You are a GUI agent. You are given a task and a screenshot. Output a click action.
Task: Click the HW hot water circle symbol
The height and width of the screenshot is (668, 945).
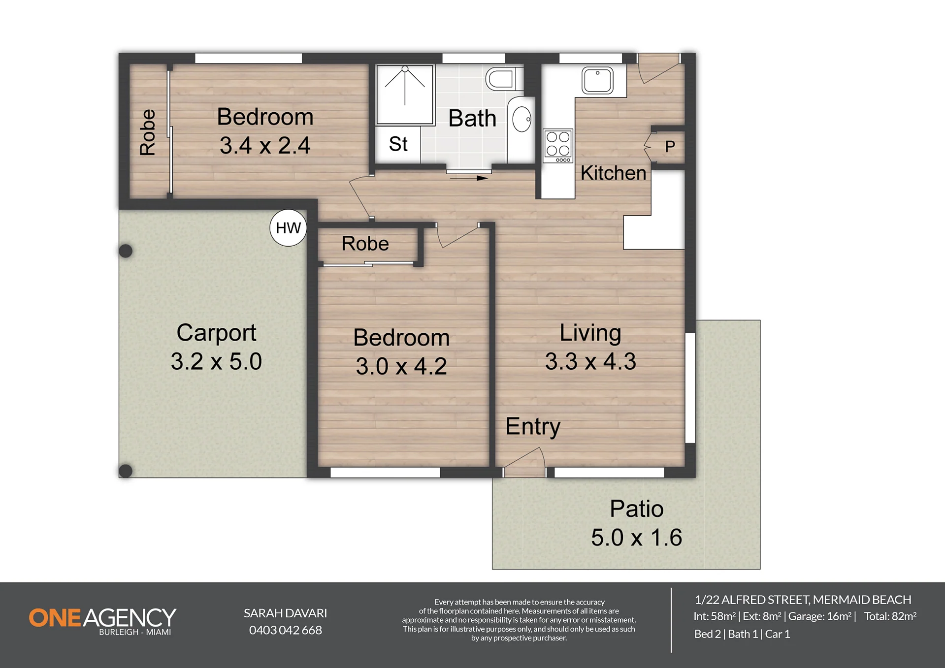coord(288,227)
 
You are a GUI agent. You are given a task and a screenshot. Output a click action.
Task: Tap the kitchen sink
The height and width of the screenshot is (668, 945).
coord(597,80)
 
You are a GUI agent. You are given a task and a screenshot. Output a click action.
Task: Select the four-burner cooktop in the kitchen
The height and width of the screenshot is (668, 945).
coord(558,146)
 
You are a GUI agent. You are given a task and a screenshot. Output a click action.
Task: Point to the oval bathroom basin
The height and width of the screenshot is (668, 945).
coord(521,119)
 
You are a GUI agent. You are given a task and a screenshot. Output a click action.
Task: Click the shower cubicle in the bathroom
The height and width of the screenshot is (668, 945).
coord(405,95)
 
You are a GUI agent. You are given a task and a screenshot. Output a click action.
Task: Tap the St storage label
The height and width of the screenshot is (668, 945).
coord(398,144)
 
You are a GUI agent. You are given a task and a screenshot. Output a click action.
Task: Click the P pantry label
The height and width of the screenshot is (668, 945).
coord(670,146)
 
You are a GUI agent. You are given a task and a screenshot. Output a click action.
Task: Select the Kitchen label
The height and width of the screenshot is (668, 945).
coord(613,173)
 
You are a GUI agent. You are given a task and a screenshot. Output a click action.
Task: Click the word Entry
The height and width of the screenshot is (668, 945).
coord(533,426)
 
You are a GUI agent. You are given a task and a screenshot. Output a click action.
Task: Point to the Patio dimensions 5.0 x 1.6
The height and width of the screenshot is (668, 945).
coord(636,537)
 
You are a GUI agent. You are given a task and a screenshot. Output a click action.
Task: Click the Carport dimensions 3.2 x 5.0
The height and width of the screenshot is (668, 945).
coord(216,361)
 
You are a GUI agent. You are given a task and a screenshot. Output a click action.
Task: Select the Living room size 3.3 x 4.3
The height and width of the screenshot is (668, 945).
coord(590,361)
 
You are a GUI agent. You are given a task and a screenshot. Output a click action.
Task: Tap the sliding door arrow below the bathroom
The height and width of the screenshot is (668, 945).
coord(469,178)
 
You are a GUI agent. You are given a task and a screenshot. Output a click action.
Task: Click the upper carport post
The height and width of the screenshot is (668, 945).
coord(126,251)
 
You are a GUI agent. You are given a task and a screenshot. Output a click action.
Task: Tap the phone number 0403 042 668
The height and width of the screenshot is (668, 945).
coord(286,630)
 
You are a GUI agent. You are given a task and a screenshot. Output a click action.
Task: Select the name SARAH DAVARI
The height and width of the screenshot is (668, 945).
coord(286,613)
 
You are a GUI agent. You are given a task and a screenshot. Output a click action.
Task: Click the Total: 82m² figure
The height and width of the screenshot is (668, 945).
coord(890,616)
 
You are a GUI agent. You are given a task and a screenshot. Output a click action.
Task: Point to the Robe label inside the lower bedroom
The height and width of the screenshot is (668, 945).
coord(365,244)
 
